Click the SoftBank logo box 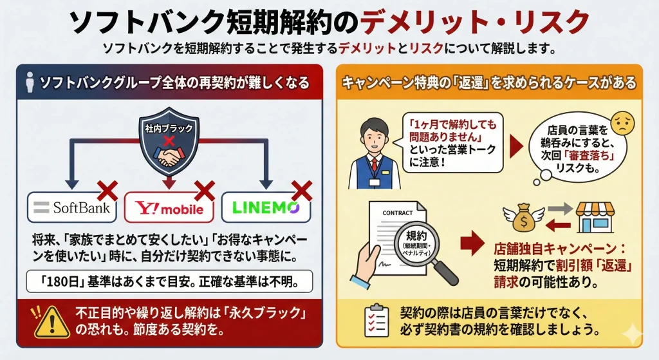(72, 207)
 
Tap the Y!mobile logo (169, 208)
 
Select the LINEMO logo (265, 207)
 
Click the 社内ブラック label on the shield (169, 129)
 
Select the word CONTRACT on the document (397, 213)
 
